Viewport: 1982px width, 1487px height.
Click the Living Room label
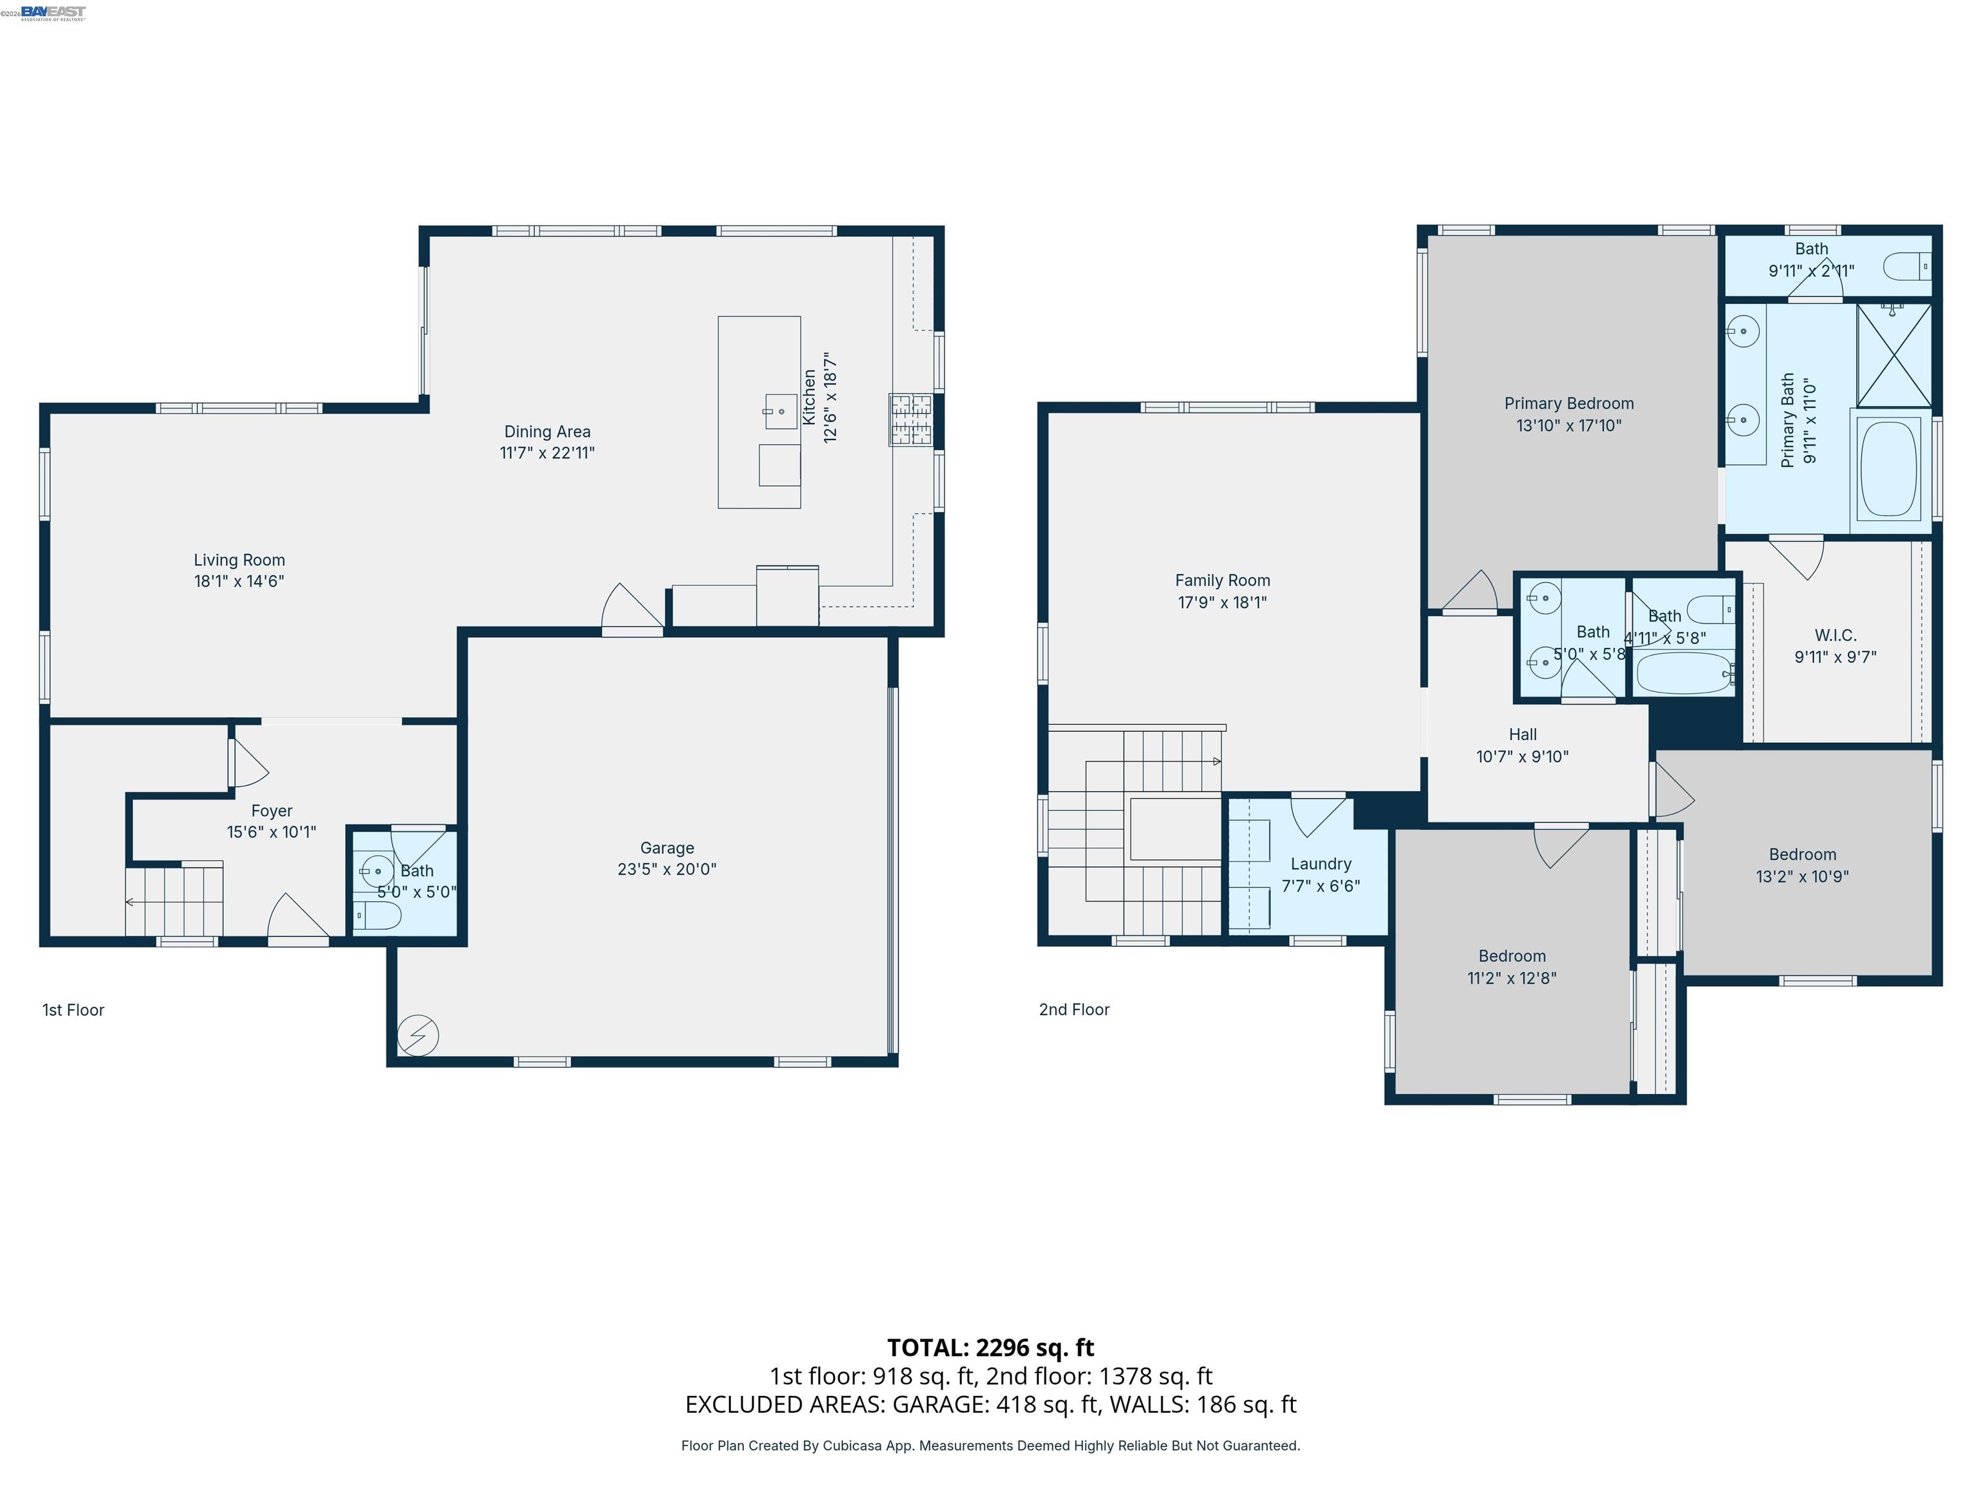[x=239, y=560]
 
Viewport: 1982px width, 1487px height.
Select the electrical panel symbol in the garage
[x=417, y=1035]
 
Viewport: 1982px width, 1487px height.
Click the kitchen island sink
[x=781, y=411]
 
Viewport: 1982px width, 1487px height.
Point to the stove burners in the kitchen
[x=910, y=420]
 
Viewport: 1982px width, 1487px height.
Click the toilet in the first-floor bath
[x=378, y=915]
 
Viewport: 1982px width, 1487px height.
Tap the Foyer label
[x=272, y=810]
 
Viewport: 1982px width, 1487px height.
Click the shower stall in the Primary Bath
[x=1894, y=356]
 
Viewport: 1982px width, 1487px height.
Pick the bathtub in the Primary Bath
[x=1889, y=468]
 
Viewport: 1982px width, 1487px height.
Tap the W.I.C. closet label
[x=1835, y=634]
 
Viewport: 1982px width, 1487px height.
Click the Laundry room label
[x=1321, y=863]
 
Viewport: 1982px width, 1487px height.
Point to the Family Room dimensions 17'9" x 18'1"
[x=1222, y=602]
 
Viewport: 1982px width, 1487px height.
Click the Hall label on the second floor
[x=1523, y=734]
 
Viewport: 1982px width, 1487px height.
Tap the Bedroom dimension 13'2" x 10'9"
[x=1802, y=876]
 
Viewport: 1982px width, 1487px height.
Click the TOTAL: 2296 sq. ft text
[x=990, y=1347]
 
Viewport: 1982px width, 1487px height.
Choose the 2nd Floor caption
[x=1074, y=1009]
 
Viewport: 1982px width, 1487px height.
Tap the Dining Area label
[x=546, y=431]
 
